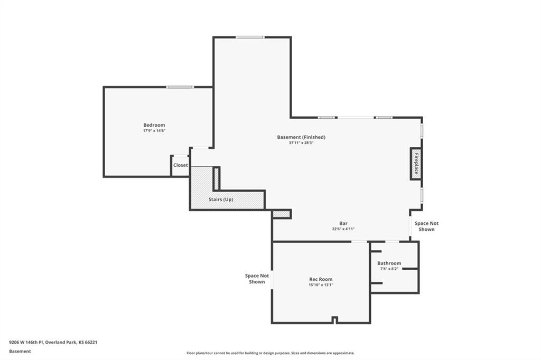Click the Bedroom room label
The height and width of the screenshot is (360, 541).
(x=154, y=125)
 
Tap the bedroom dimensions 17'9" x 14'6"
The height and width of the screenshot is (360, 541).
(x=154, y=131)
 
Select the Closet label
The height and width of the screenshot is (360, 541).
(x=181, y=165)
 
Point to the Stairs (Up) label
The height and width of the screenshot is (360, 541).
(x=221, y=200)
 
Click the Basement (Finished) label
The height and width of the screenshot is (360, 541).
(x=301, y=137)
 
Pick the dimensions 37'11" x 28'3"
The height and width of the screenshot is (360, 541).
(x=301, y=143)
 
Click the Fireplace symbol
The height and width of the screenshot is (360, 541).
(x=416, y=164)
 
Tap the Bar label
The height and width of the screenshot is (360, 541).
(x=343, y=223)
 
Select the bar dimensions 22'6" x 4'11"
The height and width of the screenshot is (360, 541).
(x=343, y=229)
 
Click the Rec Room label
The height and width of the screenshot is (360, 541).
(x=321, y=279)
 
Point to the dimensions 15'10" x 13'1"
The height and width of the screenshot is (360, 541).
(x=321, y=285)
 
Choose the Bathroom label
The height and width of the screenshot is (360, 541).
(x=389, y=263)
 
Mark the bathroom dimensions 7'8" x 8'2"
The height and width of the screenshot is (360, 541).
(x=389, y=269)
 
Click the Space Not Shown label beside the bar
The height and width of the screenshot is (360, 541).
(x=427, y=226)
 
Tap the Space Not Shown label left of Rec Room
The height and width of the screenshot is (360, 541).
(x=257, y=279)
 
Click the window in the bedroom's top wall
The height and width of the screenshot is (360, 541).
(x=180, y=87)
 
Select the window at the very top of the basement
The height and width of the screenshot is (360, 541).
(x=250, y=37)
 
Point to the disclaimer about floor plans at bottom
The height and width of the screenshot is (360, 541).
(x=270, y=353)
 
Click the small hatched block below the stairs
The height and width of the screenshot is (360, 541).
(x=281, y=214)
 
